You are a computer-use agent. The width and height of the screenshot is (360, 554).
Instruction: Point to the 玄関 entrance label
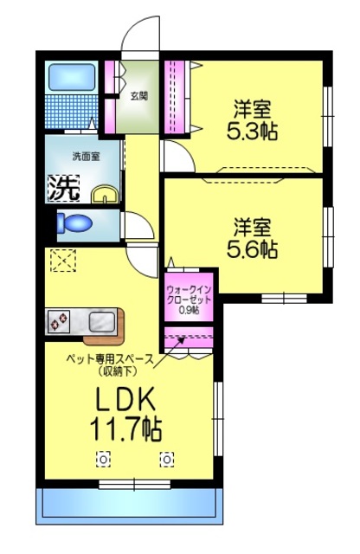pyautogui.click(x=138, y=95)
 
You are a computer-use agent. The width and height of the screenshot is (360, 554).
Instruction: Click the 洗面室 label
pyautogui.click(x=85, y=157)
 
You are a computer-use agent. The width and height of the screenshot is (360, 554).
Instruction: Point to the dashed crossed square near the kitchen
pyautogui.click(x=62, y=261)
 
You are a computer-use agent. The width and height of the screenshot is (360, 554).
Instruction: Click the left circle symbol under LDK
pyautogui.click(x=103, y=459)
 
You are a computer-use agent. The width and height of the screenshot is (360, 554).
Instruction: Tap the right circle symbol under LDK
pyautogui.click(x=166, y=459)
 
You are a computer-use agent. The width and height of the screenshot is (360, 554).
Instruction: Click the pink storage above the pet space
pyautogui.click(x=189, y=336)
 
